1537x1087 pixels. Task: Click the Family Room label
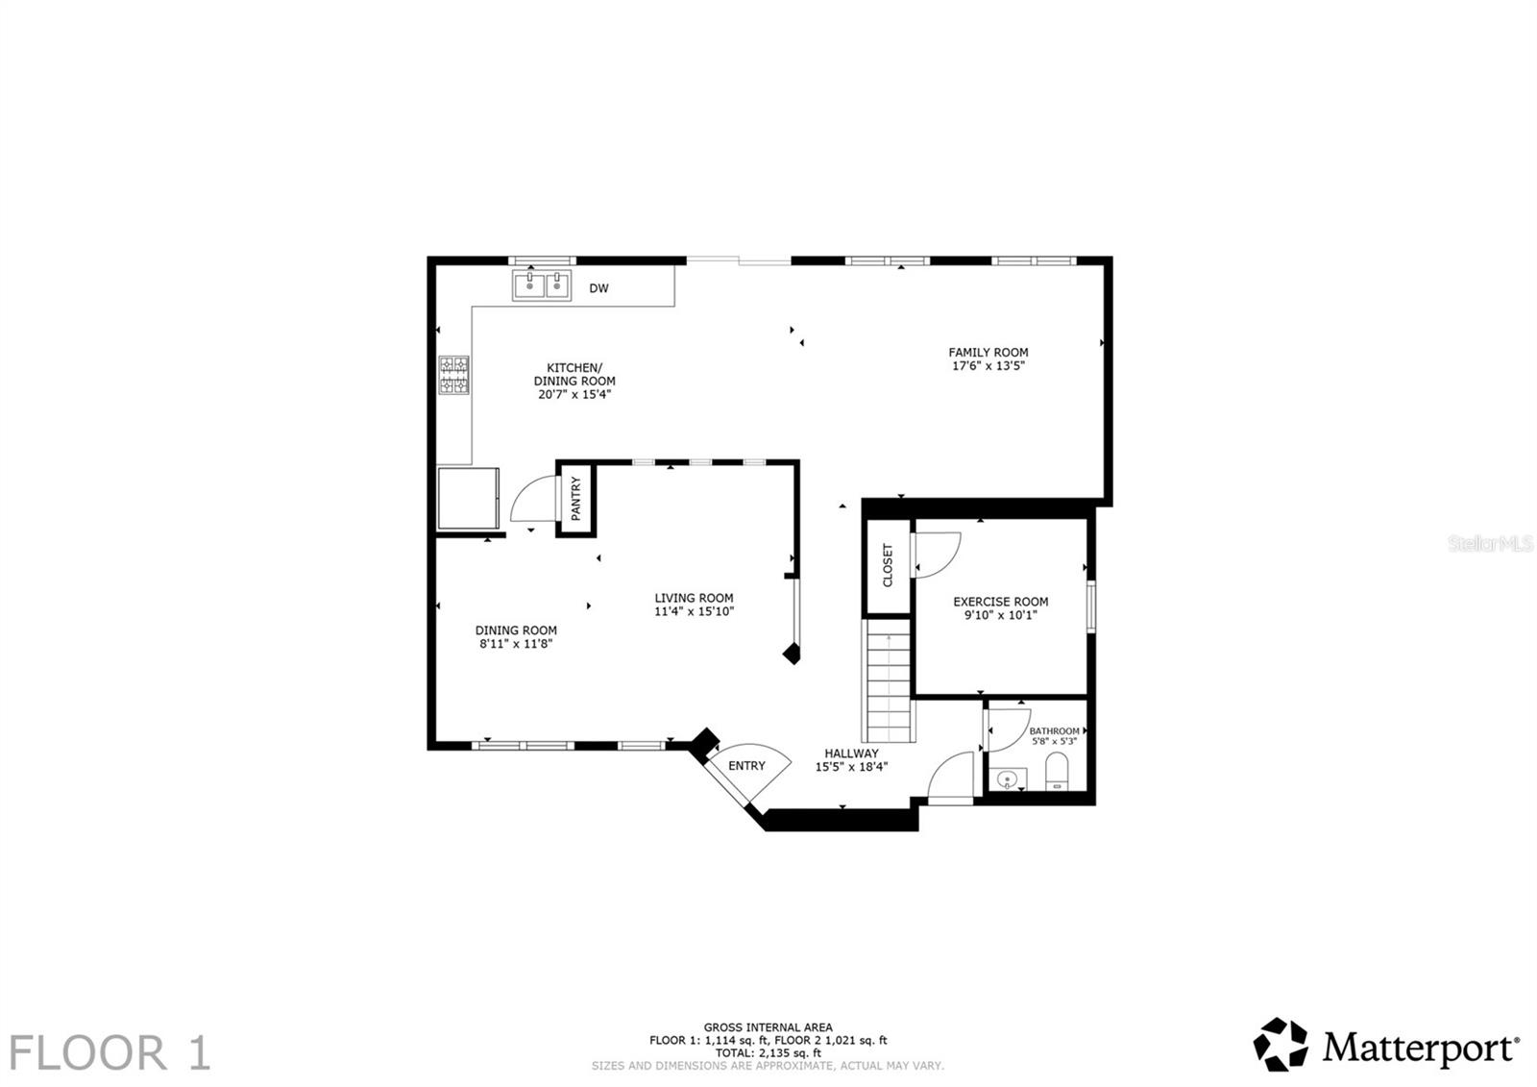tap(988, 353)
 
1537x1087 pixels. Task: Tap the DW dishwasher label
tap(598, 288)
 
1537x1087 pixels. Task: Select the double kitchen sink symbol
tap(542, 285)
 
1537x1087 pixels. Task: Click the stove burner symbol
tap(455, 375)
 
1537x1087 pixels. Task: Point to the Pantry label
tap(576, 499)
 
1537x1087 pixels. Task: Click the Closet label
tap(888, 565)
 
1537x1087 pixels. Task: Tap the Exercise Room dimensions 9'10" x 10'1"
tap(1000, 615)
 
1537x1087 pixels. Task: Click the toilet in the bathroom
tap(1057, 771)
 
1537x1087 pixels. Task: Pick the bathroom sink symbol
tap(1007, 779)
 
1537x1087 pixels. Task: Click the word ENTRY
tap(746, 766)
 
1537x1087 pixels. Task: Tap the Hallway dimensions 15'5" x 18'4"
tap(851, 767)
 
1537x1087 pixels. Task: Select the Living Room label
tap(694, 598)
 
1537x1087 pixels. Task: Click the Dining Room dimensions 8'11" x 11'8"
tap(516, 644)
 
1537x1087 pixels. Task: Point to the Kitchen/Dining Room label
tap(574, 375)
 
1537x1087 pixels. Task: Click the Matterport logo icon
tap(1281, 1045)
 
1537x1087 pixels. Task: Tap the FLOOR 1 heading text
tap(110, 1052)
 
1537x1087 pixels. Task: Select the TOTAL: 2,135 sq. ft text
tap(768, 1052)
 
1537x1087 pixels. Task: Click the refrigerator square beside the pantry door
tap(468, 498)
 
